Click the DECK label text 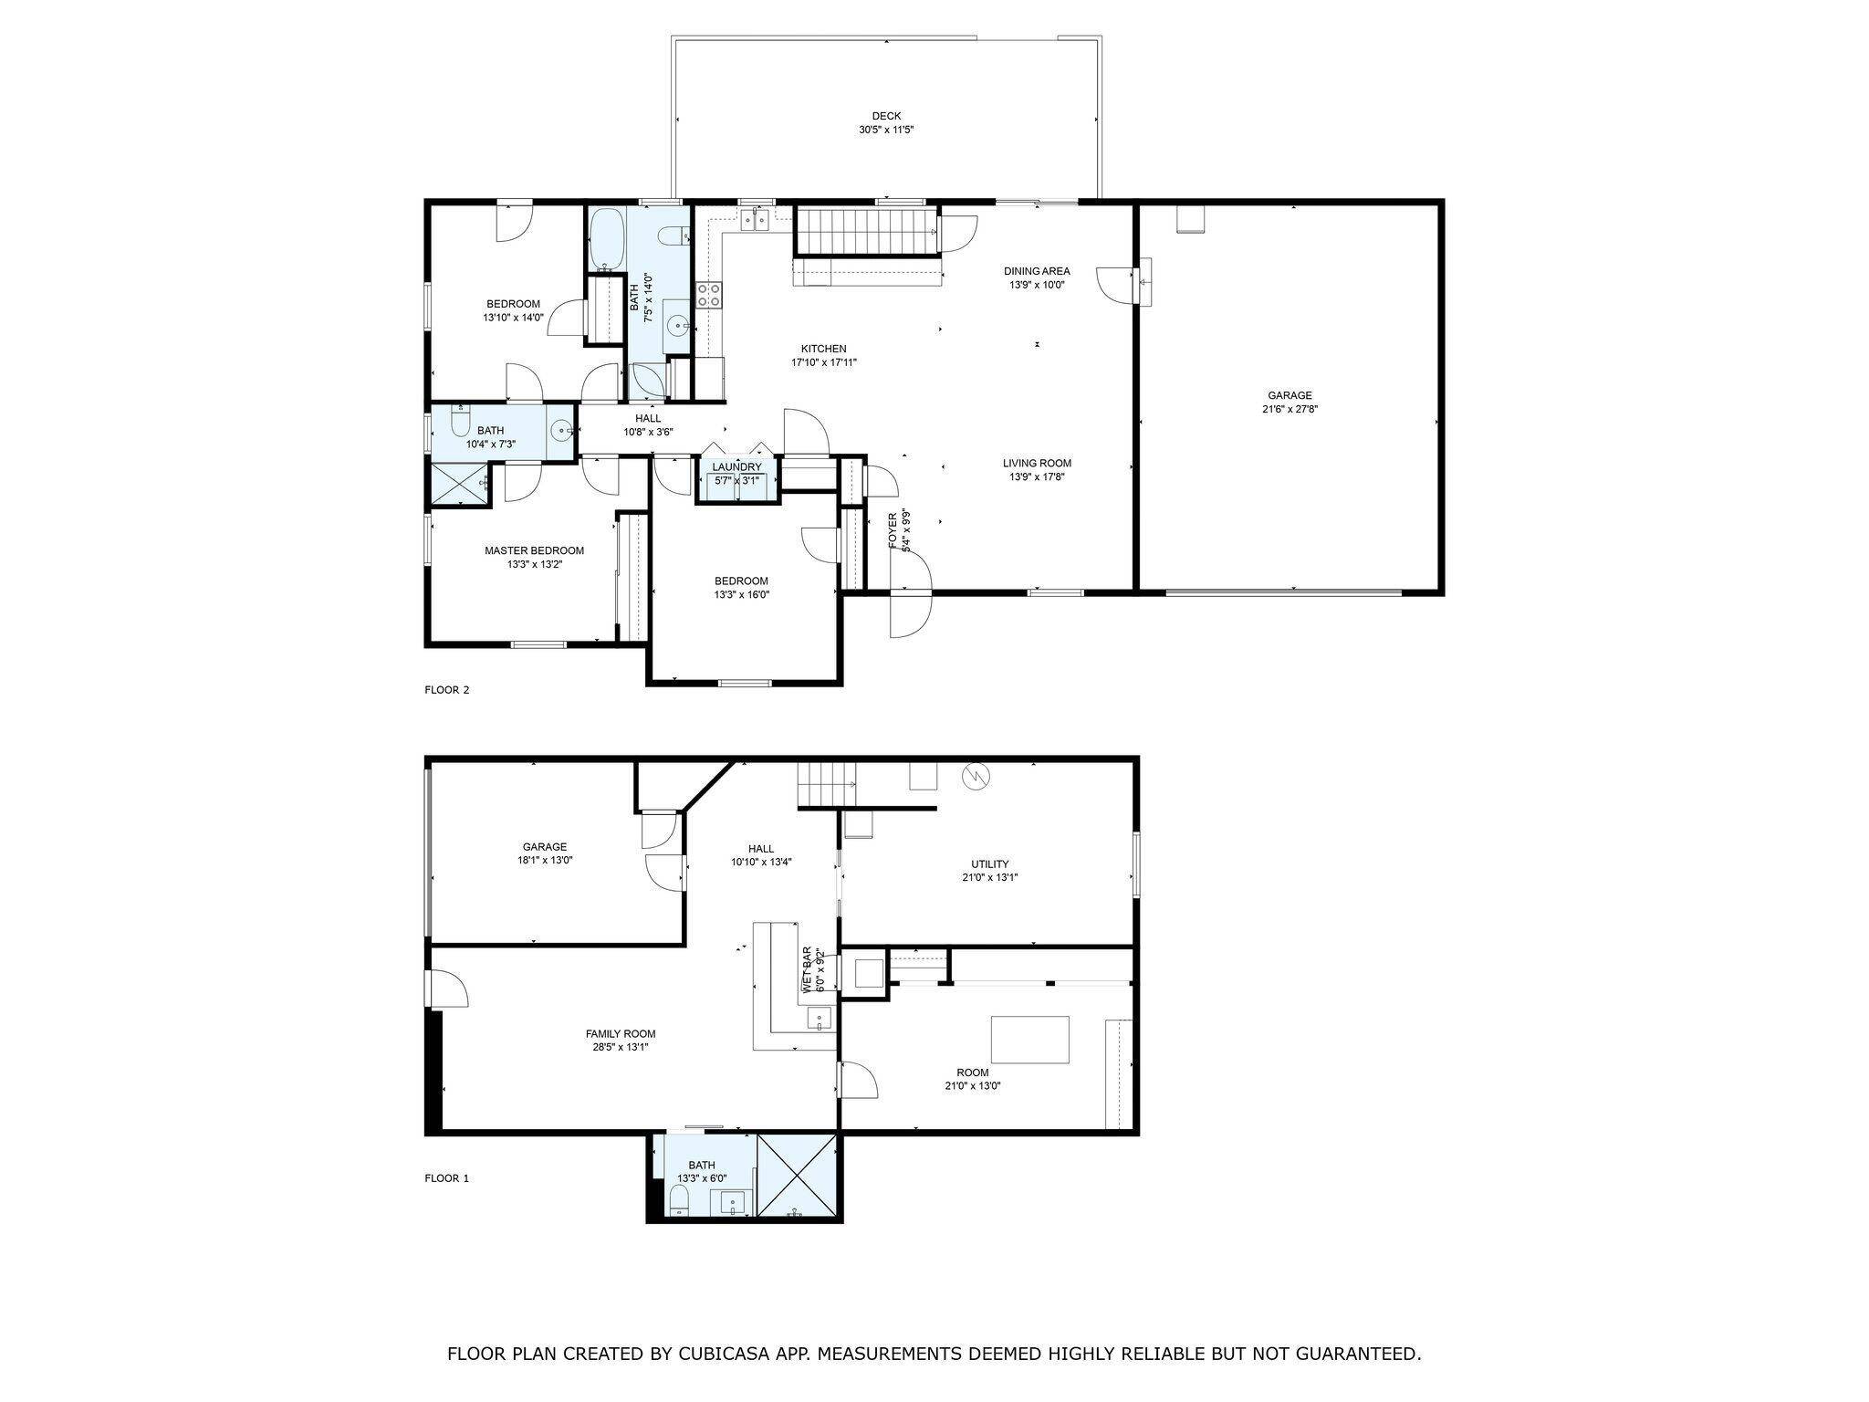[885, 116]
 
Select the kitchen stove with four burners [709, 294]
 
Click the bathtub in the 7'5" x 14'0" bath [605, 239]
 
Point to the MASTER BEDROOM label [534, 550]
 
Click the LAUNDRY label [736, 467]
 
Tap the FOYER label [893, 530]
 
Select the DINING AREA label [1037, 271]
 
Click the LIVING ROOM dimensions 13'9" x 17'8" [1037, 476]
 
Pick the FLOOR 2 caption [446, 690]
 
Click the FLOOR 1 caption [446, 1178]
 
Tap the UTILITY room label [989, 864]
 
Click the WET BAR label [807, 969]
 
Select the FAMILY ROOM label [620, 1034]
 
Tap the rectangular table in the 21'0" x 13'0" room [1030, 1040]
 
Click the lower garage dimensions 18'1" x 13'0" [545, 860]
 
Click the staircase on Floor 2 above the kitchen [867, 231]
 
